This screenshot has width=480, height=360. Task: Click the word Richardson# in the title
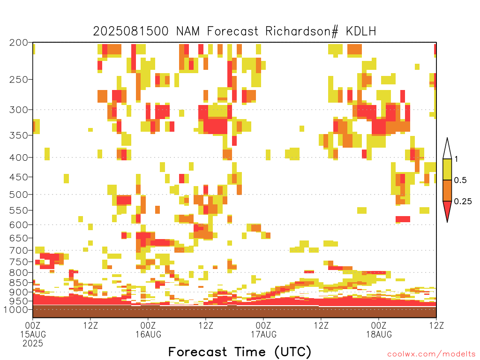(x=301, y=31)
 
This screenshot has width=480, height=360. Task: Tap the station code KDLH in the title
(x=360, y=31)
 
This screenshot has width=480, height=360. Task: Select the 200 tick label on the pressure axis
(x=19, y=43)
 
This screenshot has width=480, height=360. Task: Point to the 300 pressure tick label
(x=19, y=110)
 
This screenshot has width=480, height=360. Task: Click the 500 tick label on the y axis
(x=19, y=195)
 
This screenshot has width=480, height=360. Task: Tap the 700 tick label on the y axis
(x=19, y=250)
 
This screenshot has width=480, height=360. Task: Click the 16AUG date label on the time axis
(x=149, y=334)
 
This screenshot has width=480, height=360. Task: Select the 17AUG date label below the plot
(x=264, y=334)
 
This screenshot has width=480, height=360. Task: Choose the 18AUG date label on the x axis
(x=379, y=334)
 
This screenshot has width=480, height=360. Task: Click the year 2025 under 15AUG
(x=33, y=344)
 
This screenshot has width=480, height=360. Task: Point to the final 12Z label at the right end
(x=436, y=325)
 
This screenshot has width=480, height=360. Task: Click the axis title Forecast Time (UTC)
(x=240, y=352)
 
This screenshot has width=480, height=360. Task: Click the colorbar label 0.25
(x=463, y=202)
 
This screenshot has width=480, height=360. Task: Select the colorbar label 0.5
(x=460, y=180)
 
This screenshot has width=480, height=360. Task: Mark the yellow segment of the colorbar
(x=447, y=169)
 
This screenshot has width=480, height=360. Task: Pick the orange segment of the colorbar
(x=447, y=190)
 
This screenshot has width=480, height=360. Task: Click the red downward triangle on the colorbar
(x=447, y=210)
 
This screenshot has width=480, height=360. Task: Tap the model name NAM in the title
(x=187, y=31)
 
